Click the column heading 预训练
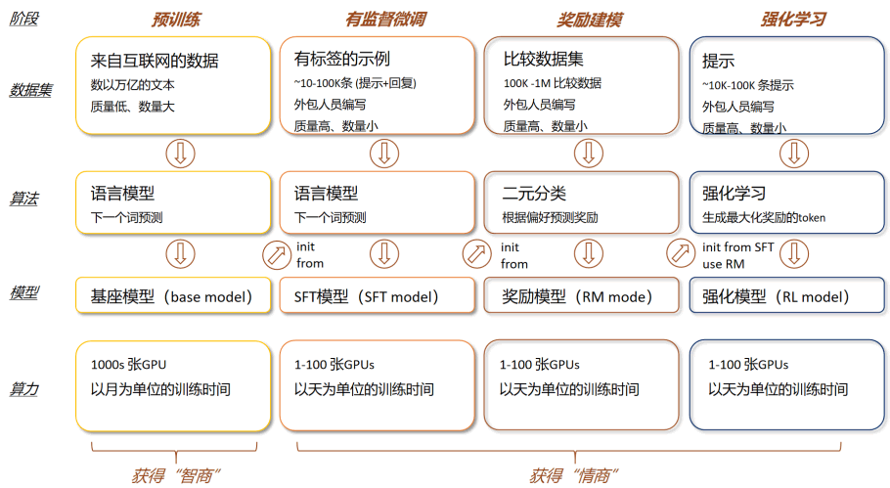click(x=176, y=20)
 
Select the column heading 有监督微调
click(x=385, y=20)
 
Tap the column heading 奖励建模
click(x=589, y=20)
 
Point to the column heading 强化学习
click(x=793, y=20)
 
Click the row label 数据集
click(x=30, y=90)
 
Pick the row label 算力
click(x=23, y=388)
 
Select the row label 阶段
click(x=23, y=19)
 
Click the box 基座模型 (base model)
click(x=173, y=295)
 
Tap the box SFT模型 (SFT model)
click(x=377, y=295)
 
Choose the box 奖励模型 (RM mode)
click(x=581, y=295)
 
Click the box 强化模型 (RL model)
click(x=786, y=295)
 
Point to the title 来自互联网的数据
click(x=155, y=61)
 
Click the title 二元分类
click(x=534, y=194)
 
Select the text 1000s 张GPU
click(x=128, y=365)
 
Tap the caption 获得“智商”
click(x=175, y=475)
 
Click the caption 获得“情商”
click(x=574, y=475)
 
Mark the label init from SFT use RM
click(x=737, y=255)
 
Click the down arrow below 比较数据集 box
click(x=589, y=154)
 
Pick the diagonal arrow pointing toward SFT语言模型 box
click(x=277, y=254)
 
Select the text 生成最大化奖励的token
click(x=764, y=217)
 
